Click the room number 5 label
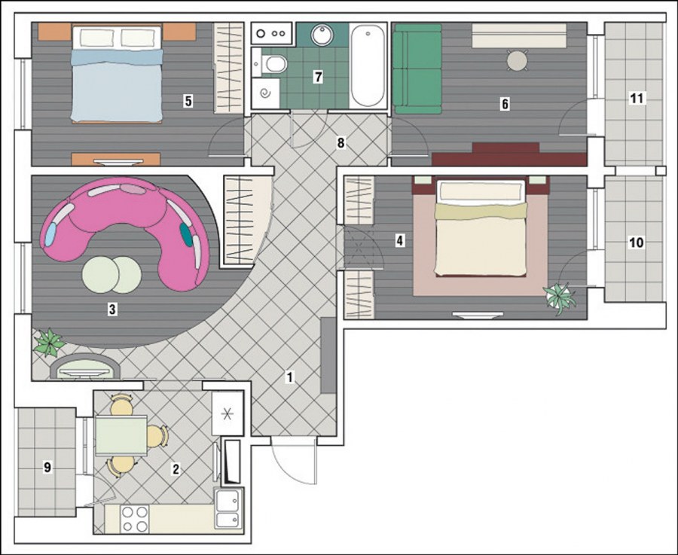[x=188, y=101]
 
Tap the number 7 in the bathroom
[x=318, y=77]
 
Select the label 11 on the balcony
[x=637, y=98]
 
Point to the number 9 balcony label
[x=47, y=467]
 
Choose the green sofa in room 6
[x=417, y=69]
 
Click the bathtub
[x=368, y=65]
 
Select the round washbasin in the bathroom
[x=322, y=35]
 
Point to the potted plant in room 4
[x=560, y=297]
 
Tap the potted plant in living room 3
[x=49, y=343]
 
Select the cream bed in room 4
[x=481, y=228]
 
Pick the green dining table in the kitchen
[x=121, y=435]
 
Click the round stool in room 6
[x=517, y=60]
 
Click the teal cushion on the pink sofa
[x=186, y=234]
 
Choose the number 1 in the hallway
[x=290, y=377]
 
